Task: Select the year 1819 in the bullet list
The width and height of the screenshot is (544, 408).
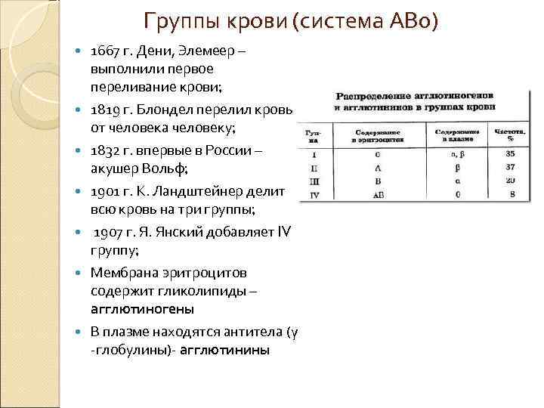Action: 104,112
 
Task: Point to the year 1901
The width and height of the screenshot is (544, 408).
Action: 104,190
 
